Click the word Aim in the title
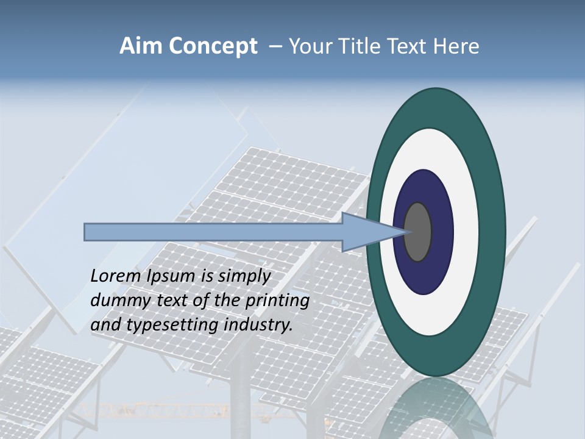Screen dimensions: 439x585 click(141, 46)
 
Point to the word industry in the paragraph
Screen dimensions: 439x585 click(258, 325)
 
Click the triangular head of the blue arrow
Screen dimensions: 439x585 click(366, 232)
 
